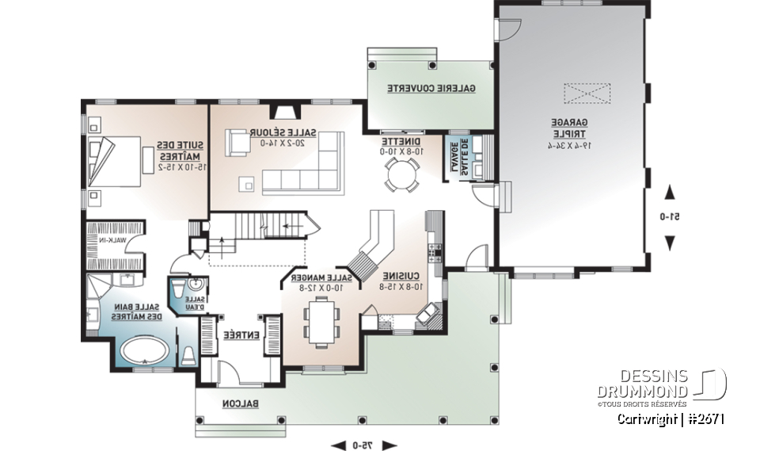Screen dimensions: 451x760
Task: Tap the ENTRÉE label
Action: [230, 335]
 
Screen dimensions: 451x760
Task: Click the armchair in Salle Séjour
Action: [235, 143]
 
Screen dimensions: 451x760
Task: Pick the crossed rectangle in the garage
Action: [587, 94]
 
